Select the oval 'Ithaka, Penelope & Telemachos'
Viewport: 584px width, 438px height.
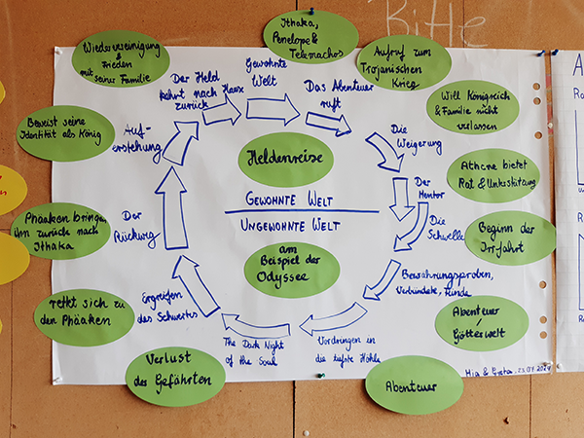point(310,37)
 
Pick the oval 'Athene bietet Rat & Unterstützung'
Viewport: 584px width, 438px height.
point(493,175)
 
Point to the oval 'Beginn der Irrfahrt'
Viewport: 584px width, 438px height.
point(510,237)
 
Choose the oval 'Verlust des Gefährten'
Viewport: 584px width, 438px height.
point(175,376)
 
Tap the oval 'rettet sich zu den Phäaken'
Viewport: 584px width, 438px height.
point(84,316)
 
